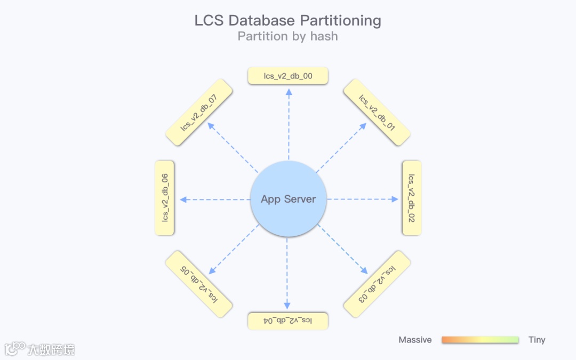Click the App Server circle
(x=288, y=199)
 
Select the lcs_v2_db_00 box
(x=288, y=76)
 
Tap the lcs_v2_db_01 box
(x=377, y=113)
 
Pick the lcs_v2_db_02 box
(x=411, y=198)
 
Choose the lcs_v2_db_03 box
(x=377, y=284)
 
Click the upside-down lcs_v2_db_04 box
(x=288, y=321)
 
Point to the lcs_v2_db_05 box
(x=199, y=284)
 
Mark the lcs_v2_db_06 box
(x=165, y=198)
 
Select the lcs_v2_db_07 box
(x=199, y=113)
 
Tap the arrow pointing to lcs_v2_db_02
(x=363, y=199)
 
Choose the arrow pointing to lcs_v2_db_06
(x=215, y=199)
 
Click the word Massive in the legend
(x=415, y=340)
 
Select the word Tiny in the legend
(x=537, y=340)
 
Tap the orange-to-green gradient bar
(x=480, y=340)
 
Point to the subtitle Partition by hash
(x=287, y=36)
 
